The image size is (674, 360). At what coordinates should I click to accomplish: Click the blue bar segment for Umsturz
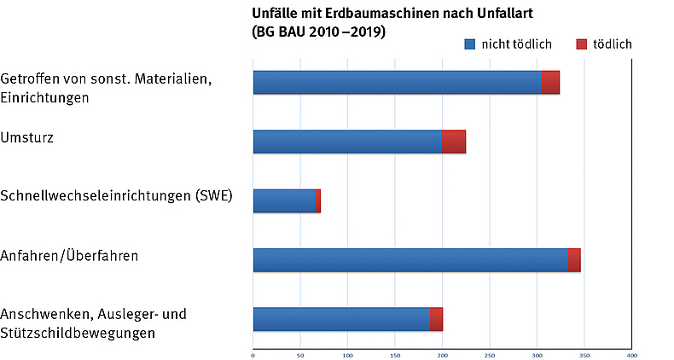pyautogui.click(x=347, y=142)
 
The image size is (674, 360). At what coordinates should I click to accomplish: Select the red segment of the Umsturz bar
pyautogui.click(x=454, y=142)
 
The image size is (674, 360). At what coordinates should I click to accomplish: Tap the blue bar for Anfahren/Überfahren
pyautogui.click(x=410, y=260)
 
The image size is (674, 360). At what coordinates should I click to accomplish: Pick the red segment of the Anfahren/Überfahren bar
pyautogui.click(x=574, y=260)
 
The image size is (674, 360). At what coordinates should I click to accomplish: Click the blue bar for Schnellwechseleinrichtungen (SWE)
pyautogui.click(x=284, y=201)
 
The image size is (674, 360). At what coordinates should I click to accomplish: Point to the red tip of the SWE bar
pyautogui.click(x=317, y=201)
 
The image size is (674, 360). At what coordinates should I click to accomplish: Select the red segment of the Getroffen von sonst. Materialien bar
pyautogui.click(x=550, y=83)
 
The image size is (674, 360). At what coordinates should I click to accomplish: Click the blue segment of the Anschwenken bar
pyautogui.click(x=341, y=319)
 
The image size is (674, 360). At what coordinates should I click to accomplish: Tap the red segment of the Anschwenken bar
pyautogui.click(x=436, y=319)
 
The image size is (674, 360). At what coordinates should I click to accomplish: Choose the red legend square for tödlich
pyautogui.click(x=582, y=44)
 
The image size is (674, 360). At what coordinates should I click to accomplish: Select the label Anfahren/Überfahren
pyautogui.click(x=70, y=255)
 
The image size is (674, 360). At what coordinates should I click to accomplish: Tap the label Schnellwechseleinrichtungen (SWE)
pyautogui.click(x=116, y=196)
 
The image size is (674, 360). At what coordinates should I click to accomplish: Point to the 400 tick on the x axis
pyautogui.click(x=631, y=354)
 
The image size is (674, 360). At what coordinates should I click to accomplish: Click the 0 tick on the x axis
pyautogui.click(x=253, y=354)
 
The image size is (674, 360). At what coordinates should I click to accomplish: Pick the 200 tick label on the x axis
pyautogui.click(x=442, y=354)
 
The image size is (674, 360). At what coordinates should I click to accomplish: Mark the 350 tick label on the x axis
pyautogui.click(x=584, y=354)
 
